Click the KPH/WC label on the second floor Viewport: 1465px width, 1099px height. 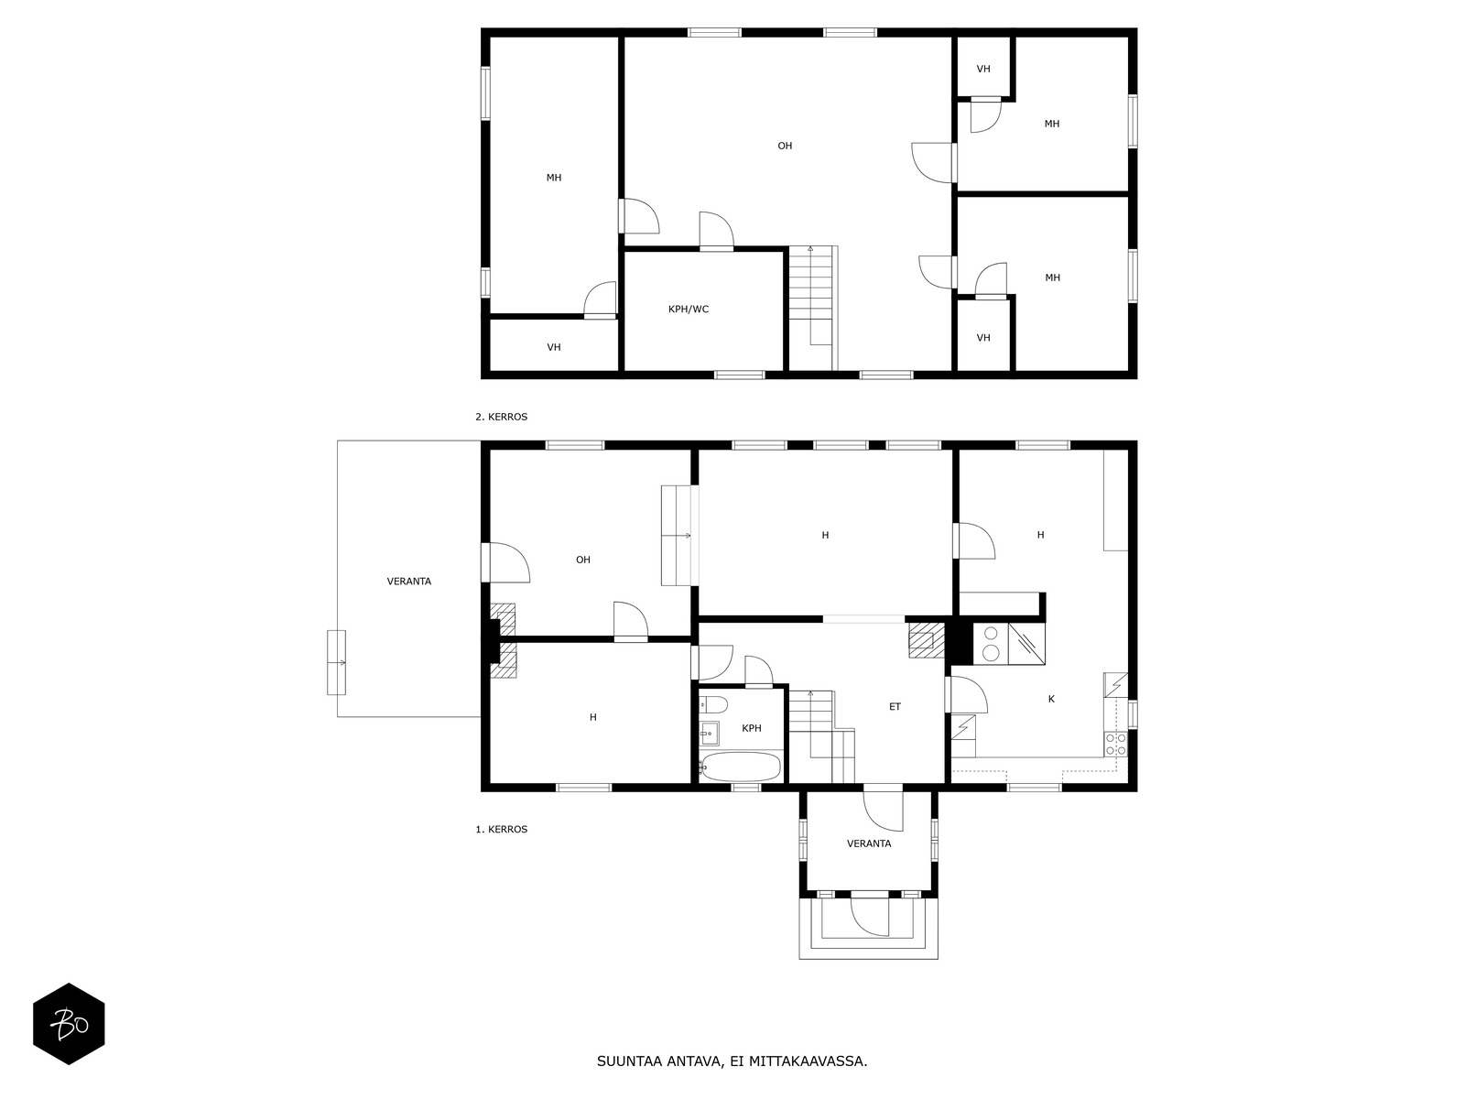click(689, 309)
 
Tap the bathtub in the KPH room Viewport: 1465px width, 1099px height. click(741, 767)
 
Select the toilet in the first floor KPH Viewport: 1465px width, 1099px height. click(713, 704)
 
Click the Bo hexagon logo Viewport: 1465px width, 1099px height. click(69, 1024)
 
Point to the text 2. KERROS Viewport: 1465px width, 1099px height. click(501, 417)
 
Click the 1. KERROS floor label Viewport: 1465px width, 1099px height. click(501, 829)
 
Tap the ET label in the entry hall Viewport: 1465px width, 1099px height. click(895, 707)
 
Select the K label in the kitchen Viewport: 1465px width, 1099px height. click(1051, 699)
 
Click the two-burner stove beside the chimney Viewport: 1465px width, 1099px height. click(991, 643)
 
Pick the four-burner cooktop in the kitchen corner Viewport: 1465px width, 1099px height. click(1115, 744)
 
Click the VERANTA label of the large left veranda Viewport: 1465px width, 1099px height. click(409, 582)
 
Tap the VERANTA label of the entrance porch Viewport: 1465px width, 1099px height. click(868, 843)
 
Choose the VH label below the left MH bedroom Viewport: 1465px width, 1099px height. click(553, 347)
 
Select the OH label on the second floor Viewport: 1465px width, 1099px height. click(784, 146)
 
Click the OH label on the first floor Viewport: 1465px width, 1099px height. click(582, 560)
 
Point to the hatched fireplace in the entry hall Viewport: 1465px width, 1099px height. click(926, 640)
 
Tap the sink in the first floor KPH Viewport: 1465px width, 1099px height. click(709, 734)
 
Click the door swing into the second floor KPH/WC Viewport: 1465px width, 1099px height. click(716, 230)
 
